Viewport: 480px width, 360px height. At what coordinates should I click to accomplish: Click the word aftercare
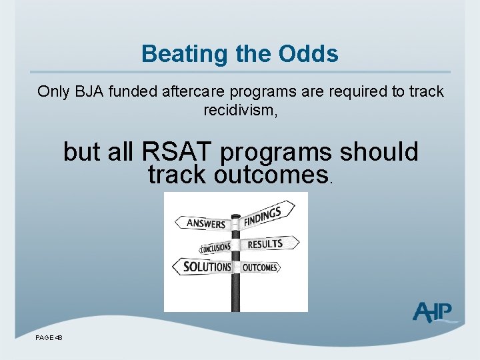point(191,91)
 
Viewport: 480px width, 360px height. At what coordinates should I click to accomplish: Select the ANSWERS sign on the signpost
point(202,223)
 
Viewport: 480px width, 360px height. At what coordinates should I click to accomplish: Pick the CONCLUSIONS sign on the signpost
point(214,248)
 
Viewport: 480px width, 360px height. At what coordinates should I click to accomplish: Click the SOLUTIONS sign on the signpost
point(203,267)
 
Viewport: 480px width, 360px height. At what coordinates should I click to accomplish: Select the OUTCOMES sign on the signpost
point(259,267)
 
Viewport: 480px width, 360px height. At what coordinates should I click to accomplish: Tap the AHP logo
point(433,312)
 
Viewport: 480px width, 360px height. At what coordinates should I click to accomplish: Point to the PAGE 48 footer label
point(49,338)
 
